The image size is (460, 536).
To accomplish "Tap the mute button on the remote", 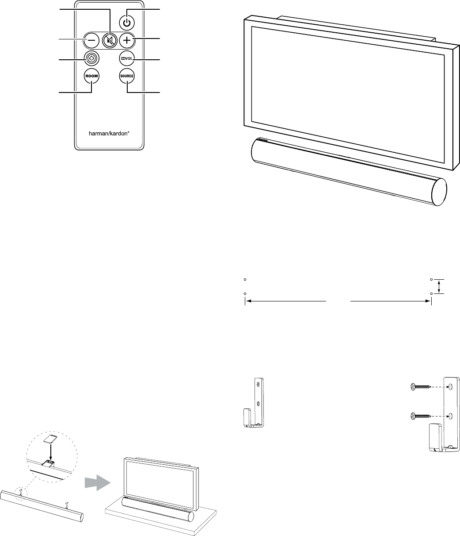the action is [x=110, y=40].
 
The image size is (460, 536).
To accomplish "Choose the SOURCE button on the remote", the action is [x=127, y=76].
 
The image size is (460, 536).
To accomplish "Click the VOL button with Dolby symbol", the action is [x=127, y=58].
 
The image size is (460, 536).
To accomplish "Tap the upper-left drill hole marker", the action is [x=244, y=279].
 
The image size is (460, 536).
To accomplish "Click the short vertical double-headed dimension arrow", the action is [x=439, y=286].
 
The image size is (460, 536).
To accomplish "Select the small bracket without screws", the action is [x=255, y=402].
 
